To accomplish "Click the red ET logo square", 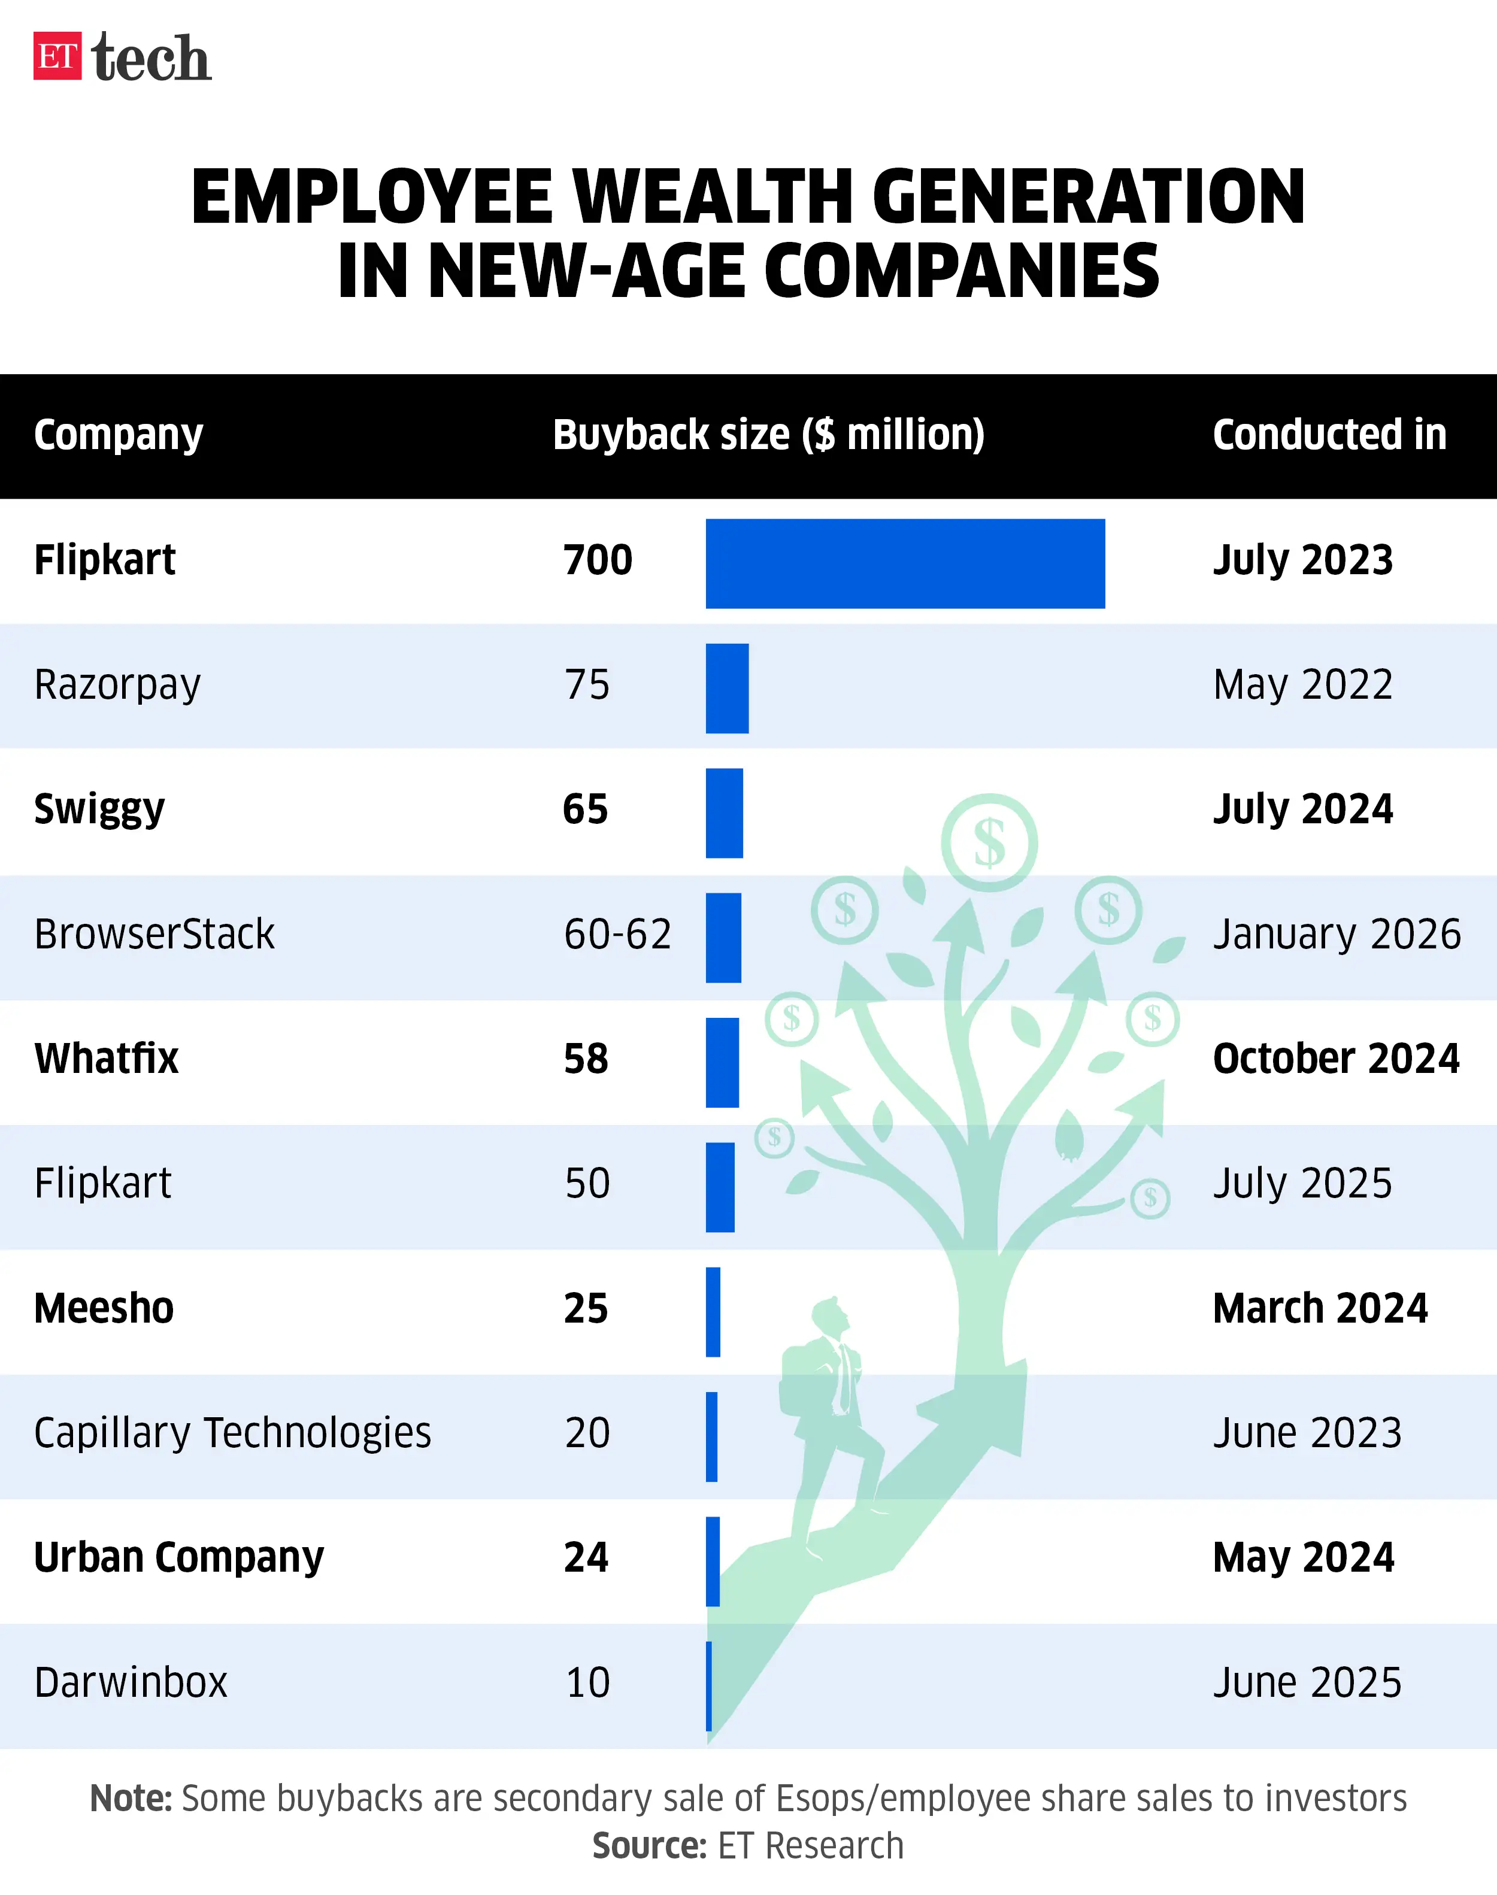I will [57, 56].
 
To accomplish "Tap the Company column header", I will [119, 435].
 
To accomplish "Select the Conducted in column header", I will [1329, 435].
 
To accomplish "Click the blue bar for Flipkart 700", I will [905, 563].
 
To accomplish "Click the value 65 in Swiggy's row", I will [584, 809].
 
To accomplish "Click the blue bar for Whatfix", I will [722, 1062].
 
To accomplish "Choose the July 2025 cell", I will [1302, 1183].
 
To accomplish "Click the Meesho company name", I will [104, 1309].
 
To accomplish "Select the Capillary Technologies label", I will [232, 1434].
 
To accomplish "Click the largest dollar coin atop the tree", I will [989, 842].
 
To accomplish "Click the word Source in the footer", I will [649, 1846].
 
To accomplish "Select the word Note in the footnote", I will [131, 1799].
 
